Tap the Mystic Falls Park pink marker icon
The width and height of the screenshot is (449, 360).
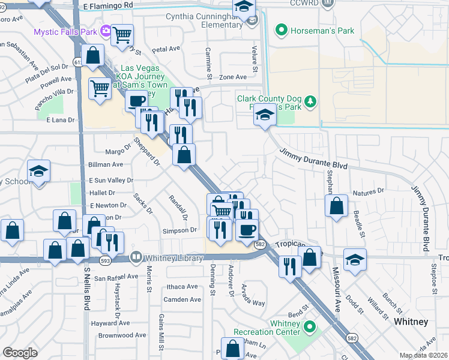[x=106, y=30]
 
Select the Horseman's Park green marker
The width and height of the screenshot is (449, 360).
[x=280, y=30]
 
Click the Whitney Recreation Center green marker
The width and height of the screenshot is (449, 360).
[x=310, y=327]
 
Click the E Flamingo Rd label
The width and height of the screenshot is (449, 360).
[x=109, y=5]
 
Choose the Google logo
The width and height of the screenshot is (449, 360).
[x=20, y=352]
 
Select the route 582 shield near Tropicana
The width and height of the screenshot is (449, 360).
[x=260, y=244]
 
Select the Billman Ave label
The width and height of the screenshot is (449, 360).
[x=106, y=164]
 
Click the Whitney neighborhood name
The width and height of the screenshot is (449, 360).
[x=411, y=322]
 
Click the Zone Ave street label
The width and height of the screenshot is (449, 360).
[x=233, y=77]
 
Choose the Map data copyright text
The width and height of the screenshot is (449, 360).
[x=424, y=355]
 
